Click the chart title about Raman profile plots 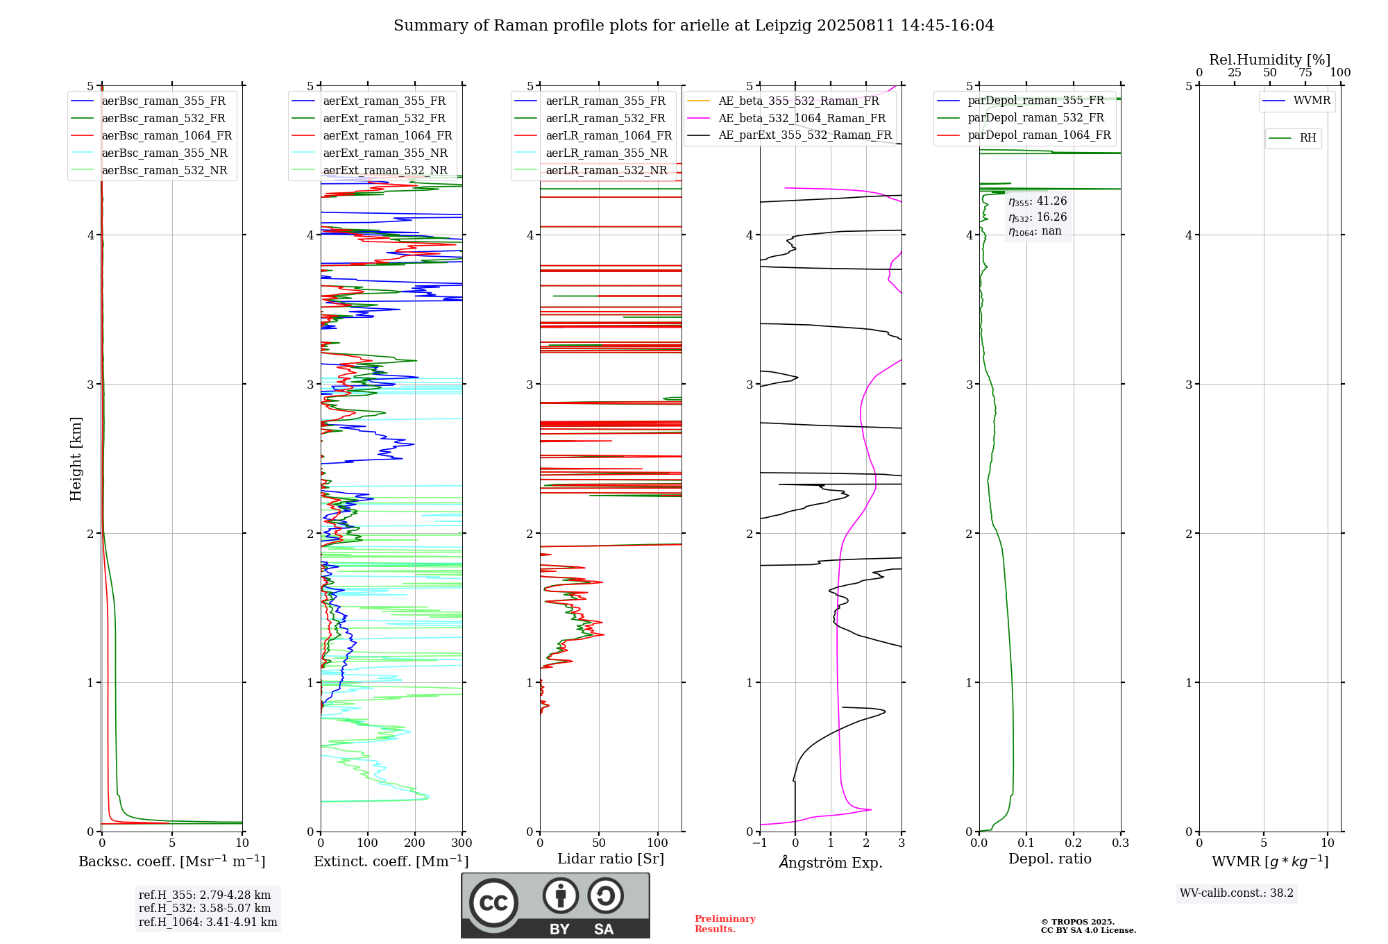point(694,26)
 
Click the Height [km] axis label point(76,459)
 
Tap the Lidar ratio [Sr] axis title point(611,859)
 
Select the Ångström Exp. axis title point(831,862)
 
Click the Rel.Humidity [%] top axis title point(1270,60)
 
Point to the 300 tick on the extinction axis point(462,843)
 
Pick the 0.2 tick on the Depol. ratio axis point(1074,843)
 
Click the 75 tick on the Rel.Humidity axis point(1305,73)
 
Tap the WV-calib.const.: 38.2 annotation point(1237,893)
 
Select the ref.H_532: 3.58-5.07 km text point(205,909)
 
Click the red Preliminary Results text point(725,924)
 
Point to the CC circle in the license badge point(493,903)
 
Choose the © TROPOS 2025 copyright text point(1078,922)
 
